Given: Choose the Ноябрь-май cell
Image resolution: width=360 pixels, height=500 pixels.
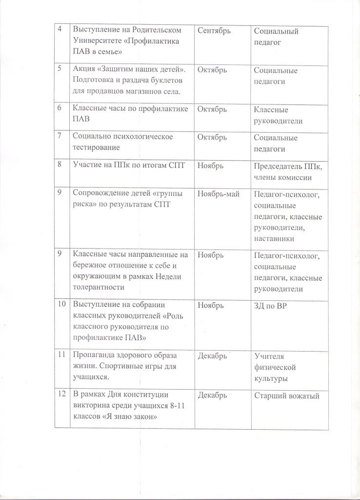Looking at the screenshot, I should (218, 195).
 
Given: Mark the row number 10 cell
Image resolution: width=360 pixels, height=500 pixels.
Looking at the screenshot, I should (62, 305).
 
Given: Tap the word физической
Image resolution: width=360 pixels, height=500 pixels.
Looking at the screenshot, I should (276, 367).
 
